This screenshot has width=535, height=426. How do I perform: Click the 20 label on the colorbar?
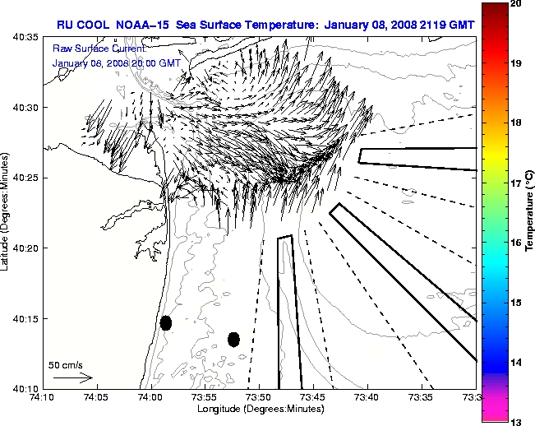[516, 3]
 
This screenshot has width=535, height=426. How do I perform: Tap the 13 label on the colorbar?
[516, 422]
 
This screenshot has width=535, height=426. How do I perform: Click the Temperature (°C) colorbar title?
[530, 213]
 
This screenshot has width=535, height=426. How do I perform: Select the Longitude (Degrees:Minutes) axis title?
[259, 409]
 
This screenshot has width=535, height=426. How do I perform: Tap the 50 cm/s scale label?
[66, 364]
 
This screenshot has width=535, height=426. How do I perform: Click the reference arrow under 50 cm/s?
[72, 377]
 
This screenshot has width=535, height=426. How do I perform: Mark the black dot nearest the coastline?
[166, 322]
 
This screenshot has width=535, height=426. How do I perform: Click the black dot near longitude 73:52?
[233, 339]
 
